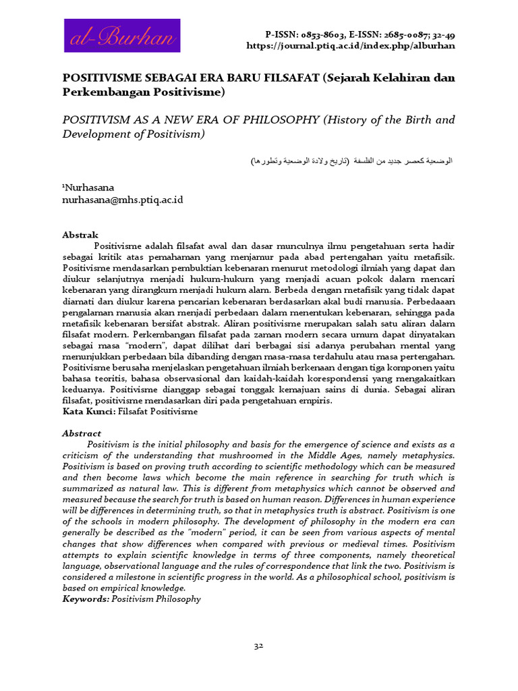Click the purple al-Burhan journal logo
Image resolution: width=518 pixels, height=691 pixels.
(122, 36)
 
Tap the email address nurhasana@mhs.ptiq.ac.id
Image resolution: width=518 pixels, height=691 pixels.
(122, 200)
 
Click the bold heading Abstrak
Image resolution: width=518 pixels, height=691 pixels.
(80, 235)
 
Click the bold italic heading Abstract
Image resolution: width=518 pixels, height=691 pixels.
(82, 433)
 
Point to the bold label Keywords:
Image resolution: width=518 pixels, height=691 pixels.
(86, 599)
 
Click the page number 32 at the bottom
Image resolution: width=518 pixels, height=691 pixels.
(258, 646)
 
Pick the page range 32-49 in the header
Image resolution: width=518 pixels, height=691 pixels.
(442, 34)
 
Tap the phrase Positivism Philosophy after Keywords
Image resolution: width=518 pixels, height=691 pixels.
(156, 599)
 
